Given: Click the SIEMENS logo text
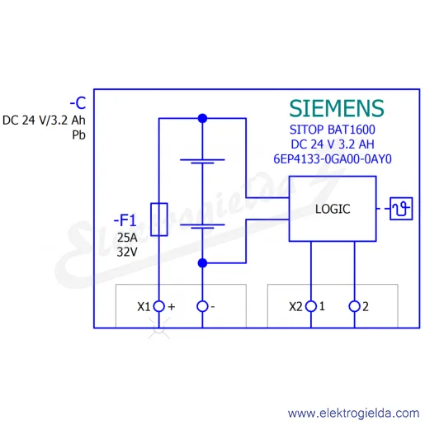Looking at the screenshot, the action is [337, 108].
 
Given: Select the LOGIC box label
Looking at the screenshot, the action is [333, 209].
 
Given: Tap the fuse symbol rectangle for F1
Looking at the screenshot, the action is [159, 220].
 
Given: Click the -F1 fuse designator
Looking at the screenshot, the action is [125, 220].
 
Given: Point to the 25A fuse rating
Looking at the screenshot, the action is [127, 238].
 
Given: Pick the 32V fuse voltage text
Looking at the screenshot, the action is [127, 252].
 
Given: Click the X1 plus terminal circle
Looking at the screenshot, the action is [158, 306].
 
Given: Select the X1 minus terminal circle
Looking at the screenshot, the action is [202, 306].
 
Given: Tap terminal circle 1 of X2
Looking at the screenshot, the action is [311, 306].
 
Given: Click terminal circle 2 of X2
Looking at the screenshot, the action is [354, 306].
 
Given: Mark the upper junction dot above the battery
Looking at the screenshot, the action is [202, 118].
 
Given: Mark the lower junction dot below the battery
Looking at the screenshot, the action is [202, 263].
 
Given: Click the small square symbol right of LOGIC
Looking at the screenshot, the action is [401, 209].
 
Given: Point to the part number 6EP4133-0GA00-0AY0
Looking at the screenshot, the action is [333, 159].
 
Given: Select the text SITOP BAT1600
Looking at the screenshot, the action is [333, 130].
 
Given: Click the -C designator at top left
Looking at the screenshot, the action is [78, 103].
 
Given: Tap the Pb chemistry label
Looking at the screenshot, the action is [78, 135].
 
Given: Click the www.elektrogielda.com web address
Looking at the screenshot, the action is [353, 413].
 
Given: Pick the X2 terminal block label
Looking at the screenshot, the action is [295, 306].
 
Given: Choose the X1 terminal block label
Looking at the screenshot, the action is [144, 306].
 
